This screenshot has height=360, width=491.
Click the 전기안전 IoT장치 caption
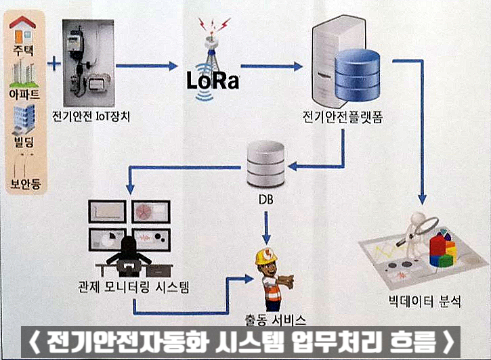pos(91,117)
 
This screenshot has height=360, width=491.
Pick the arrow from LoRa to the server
pos(271,66)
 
